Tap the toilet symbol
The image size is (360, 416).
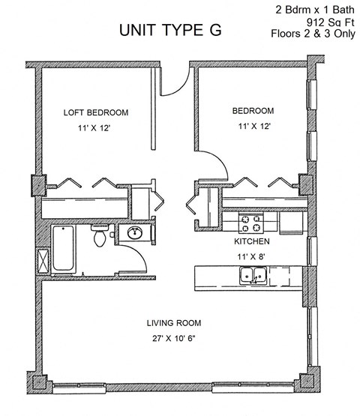[98, 236]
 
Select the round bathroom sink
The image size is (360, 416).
[135, 233]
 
